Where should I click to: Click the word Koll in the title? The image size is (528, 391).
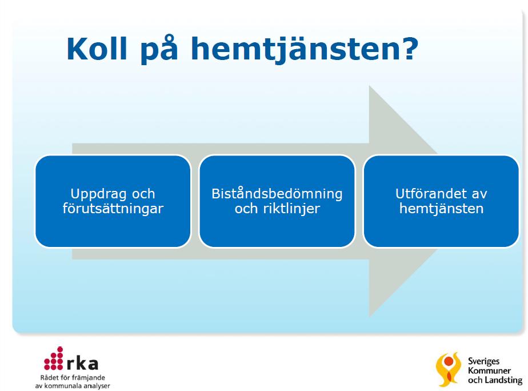[x=97, y=49]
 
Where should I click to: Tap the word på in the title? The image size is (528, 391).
[x=159, y=50]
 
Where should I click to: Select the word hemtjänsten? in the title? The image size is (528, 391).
[x=305, y=50]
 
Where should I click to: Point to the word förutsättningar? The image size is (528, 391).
[x=113, y=209]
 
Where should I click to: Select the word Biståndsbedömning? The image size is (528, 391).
[x=277, y=194]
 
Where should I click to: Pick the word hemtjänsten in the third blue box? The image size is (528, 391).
[x=441, y=209]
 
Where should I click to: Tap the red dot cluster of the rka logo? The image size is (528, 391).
[x=54, y=358]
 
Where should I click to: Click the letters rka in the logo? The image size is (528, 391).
[x=82, y=363]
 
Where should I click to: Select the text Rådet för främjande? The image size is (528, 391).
[x=73, y=378]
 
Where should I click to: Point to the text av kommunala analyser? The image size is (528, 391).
[x=73, y=386]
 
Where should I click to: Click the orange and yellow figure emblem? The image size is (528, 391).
[x=448, y=369]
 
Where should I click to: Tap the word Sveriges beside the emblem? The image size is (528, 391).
[x=483, y=362]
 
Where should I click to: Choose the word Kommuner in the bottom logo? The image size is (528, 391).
[x=489, y=371]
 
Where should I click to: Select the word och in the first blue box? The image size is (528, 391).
[x=143, y=194]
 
